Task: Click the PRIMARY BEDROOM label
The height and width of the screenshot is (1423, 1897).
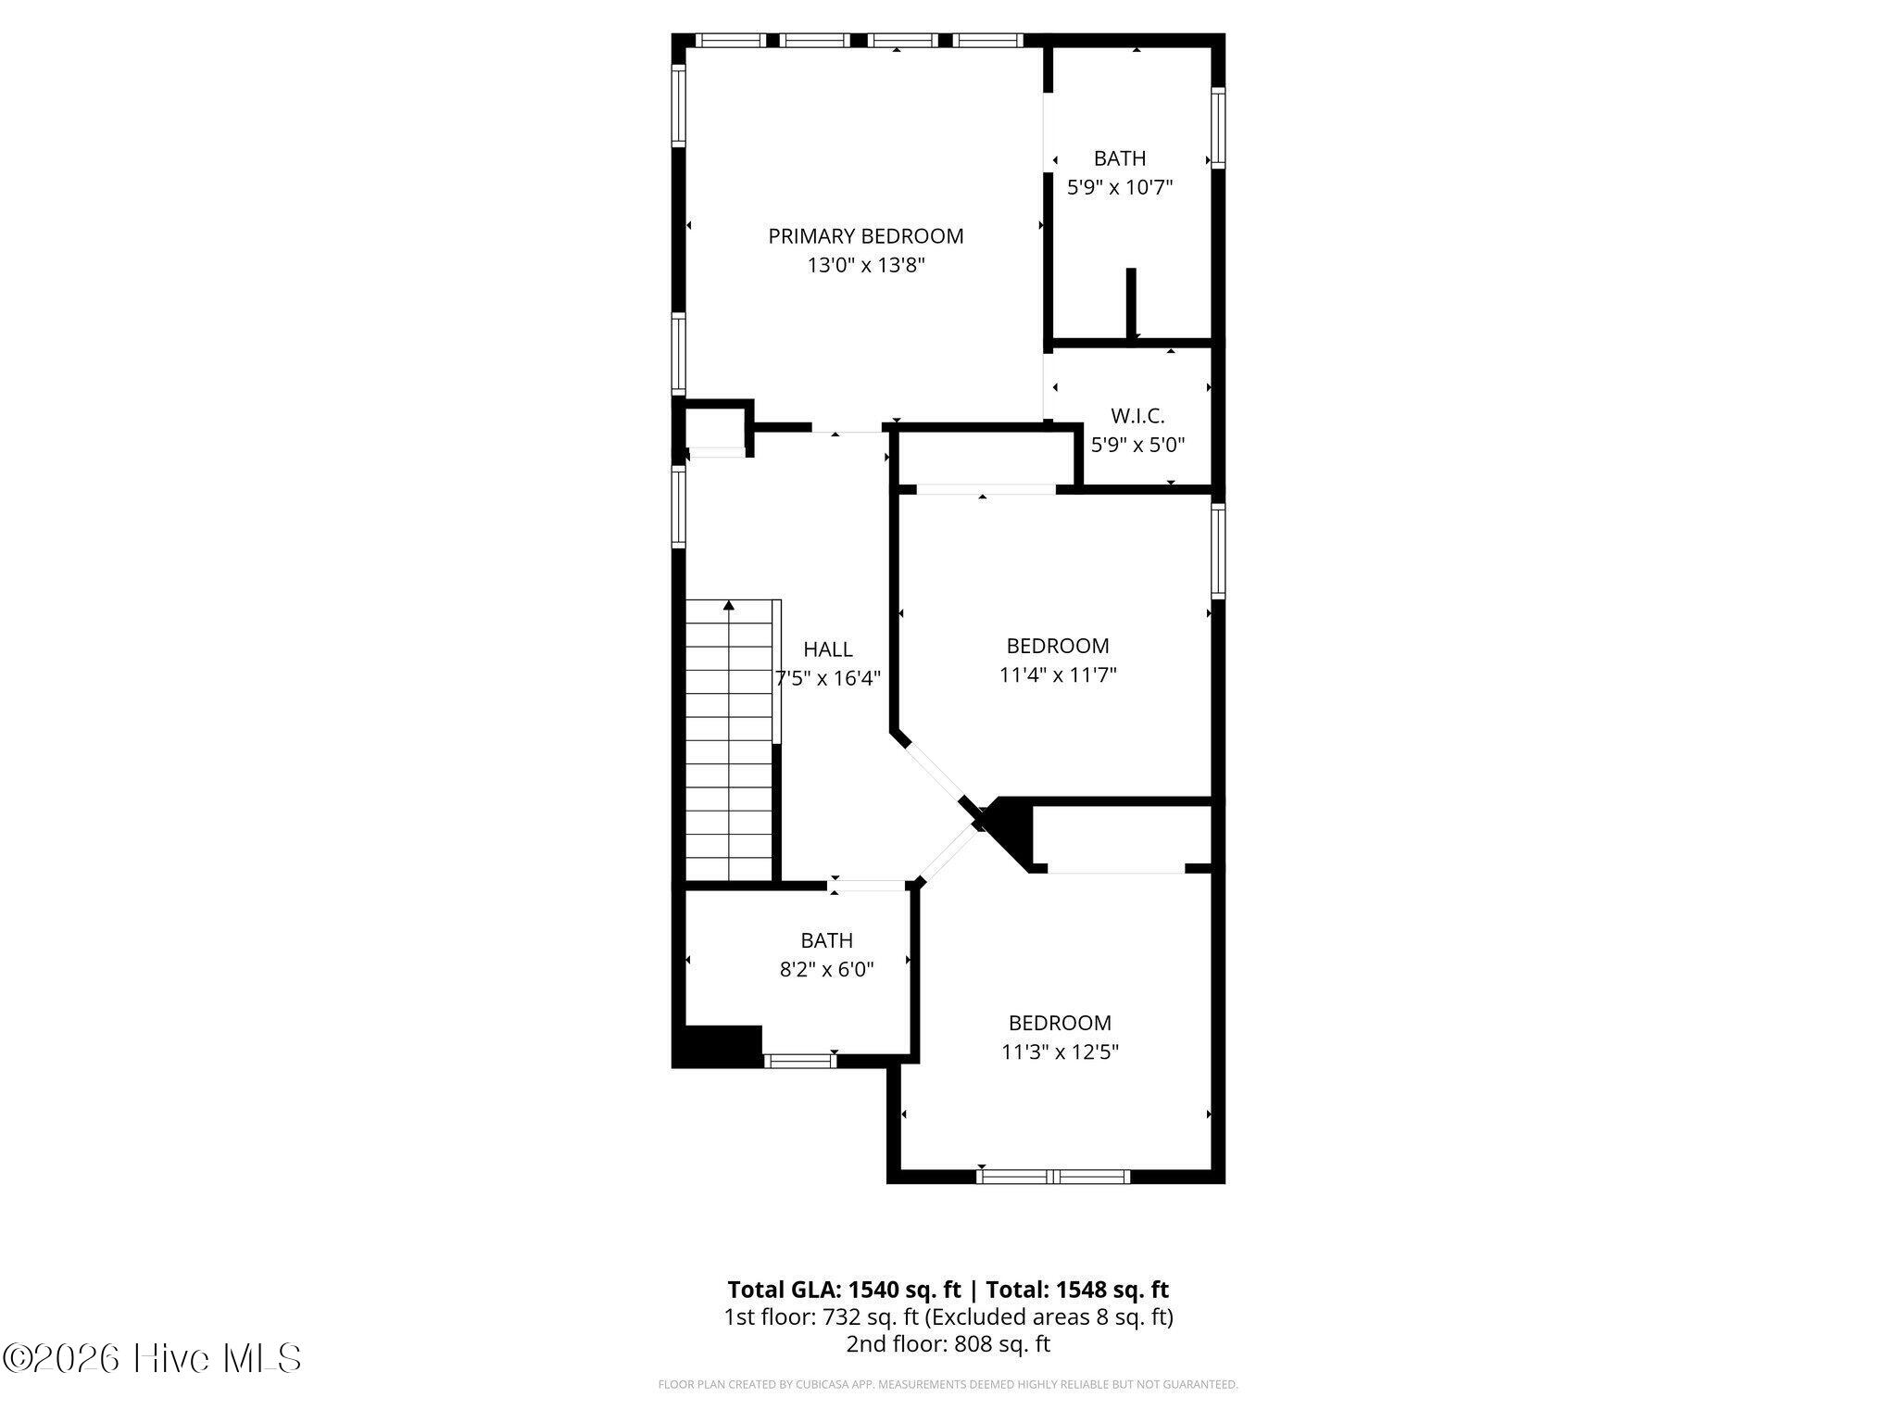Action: click(865, 236)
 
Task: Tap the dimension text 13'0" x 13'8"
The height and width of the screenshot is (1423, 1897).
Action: click(866, 266)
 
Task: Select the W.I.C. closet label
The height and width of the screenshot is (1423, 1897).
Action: click(1137, 416)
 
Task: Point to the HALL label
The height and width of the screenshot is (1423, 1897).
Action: click(828, 649)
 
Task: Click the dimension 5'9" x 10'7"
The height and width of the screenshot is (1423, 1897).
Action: click(1120, 188)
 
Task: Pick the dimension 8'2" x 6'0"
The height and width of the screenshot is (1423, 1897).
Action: click(826, 970)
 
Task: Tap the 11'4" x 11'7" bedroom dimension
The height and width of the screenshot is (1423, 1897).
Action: click(1058, 675)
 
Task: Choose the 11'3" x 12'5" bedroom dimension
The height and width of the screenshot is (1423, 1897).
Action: click(1060, 1052)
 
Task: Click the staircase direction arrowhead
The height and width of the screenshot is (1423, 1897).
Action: click(729, 605)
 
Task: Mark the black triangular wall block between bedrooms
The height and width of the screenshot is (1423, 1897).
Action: click(1010, 830)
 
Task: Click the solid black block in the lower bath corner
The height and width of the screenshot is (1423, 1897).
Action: click(718, 1046)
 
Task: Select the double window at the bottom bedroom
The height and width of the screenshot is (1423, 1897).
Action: click(1054, 1177)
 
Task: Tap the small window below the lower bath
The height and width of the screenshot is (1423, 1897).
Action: click(800, 1061)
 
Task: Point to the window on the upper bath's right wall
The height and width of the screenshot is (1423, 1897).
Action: click(1218, 128)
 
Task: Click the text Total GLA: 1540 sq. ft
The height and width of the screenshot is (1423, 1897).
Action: click(844, 1290)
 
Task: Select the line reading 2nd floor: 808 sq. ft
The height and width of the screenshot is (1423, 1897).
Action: click(948, 1344)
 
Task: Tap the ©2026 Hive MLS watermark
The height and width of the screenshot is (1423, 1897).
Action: click(153, 1359)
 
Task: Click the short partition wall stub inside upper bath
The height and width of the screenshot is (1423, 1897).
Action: click(1131, 303)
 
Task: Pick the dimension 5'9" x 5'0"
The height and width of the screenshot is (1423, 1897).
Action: click(1137, 445)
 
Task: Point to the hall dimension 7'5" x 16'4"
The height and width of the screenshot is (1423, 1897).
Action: click(828, 678)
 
